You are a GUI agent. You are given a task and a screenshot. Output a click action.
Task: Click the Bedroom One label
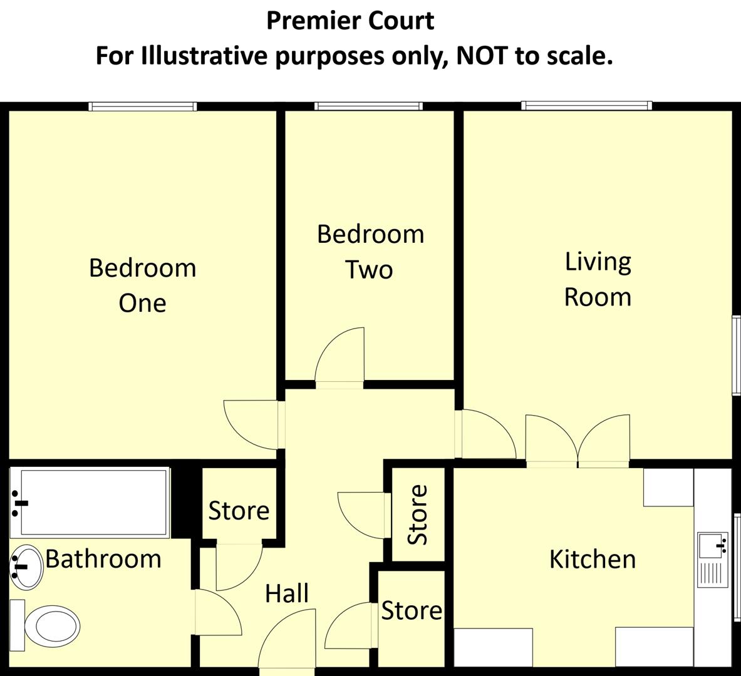point(142,285)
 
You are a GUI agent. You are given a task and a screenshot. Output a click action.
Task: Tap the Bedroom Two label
point(370,252)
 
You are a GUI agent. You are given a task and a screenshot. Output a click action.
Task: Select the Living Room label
point(598,279)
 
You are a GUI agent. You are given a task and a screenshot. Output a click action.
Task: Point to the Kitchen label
point(592,559)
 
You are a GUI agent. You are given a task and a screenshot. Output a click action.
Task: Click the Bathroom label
point(103,558)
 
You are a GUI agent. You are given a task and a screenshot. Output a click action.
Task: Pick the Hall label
point(286,593)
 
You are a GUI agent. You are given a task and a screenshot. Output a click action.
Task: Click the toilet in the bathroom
point(50,625)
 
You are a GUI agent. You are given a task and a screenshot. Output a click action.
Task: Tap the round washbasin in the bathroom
point(25,567)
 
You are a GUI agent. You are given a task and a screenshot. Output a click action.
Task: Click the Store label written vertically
point(418,515)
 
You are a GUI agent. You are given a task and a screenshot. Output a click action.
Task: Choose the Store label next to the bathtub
point(239,511)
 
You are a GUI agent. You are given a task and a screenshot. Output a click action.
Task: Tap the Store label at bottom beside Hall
point(412,610)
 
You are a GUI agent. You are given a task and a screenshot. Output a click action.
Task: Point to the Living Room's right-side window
point(737,355)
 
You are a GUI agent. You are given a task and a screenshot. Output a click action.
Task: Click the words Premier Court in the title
point(350,21)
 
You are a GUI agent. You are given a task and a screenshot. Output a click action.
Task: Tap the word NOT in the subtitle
point(482,56)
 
